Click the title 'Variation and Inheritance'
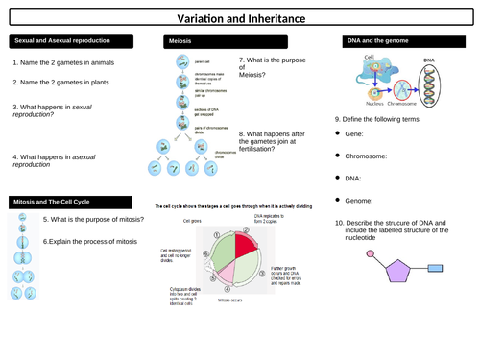click(239, 17)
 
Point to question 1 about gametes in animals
click(66, 63)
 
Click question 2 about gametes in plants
click(62, 83)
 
